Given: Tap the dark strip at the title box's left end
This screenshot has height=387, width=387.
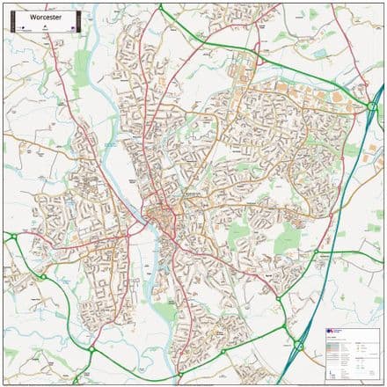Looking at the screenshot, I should point(14,19).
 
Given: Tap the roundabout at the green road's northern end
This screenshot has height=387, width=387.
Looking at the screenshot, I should point(162,8).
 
